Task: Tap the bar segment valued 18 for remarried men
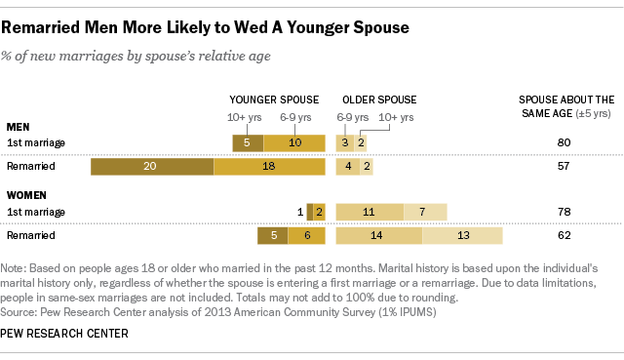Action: pos(269,167)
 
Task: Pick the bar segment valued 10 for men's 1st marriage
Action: pos(293,142)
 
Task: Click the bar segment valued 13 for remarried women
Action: pos(462,236)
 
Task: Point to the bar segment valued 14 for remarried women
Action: pos(378,236)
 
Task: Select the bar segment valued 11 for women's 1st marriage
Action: pos(370,212)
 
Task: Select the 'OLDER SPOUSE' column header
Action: pos(378,100)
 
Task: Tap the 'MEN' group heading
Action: pos(18,127)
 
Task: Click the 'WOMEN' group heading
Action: pos(25,195)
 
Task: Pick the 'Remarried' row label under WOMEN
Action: pos(30,236)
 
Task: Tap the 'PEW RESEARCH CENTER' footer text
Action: pos(66,334)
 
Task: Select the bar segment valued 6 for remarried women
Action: pos(305,236)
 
